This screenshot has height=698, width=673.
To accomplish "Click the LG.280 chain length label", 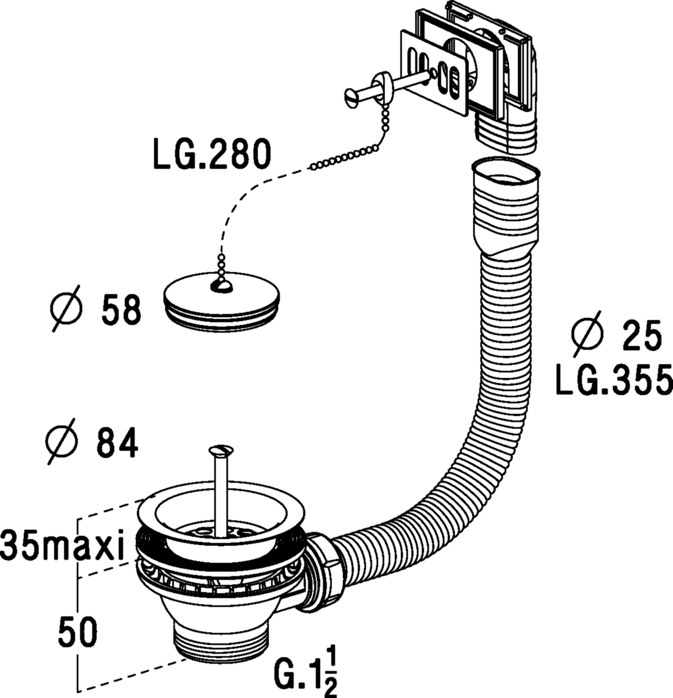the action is click(212, 155).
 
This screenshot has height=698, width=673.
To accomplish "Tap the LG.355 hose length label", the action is click(615, 380).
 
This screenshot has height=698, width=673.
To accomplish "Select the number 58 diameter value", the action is click(121, 310).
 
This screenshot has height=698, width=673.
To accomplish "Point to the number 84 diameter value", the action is click(117, 443).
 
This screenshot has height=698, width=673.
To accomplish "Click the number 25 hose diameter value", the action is click(642, 336).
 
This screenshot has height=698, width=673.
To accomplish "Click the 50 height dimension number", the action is click(78, 632).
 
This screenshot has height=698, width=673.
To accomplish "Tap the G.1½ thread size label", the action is click(305, 664).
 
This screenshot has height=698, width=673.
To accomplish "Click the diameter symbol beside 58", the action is click(66, 308).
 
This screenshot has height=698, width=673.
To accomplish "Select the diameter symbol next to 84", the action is click(62, 441).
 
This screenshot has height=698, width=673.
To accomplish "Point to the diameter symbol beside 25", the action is click(587, 334).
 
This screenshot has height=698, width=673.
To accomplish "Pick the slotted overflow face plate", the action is click(433, 73).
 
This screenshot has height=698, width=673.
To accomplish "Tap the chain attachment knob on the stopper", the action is click(221, 286).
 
